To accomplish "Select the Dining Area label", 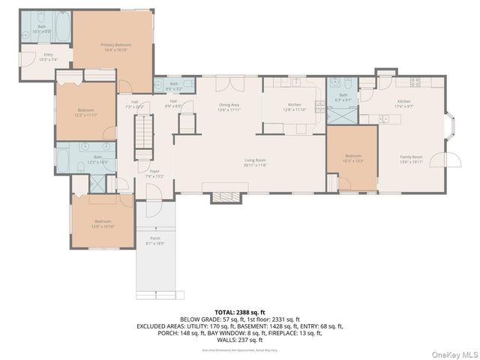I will pos(229,107).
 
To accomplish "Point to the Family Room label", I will pos(411,159).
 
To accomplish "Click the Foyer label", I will pos(154,174).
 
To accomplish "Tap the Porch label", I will pos(154,241).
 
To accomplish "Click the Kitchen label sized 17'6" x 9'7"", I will pos(404,103).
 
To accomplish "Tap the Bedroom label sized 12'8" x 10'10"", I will pos(102,223).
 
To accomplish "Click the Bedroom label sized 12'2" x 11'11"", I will pos(86,112).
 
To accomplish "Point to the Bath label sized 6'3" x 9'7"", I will pos(343,97).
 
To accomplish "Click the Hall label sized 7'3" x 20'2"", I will pos(135,105).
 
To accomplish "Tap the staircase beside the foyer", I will pos(143,142).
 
